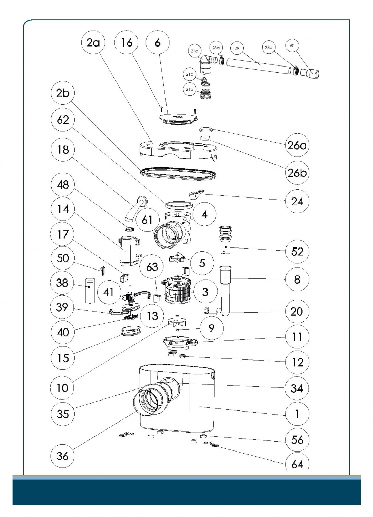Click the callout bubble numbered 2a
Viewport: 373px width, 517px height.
[93, 43]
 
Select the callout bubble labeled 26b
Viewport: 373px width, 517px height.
[297, 173]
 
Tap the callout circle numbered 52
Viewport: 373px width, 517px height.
[297, 251]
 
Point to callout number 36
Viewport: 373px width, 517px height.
[62, 456]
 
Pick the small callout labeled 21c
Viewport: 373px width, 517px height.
[189, 74]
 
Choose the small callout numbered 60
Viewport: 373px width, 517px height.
[292, 46]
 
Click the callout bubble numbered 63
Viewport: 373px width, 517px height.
[152, 267]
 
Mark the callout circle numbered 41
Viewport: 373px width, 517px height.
[109, 292]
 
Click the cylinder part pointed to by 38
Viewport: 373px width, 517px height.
[90, 290]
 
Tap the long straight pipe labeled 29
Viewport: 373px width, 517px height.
[259, 66]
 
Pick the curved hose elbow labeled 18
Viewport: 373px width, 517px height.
[136, 208]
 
